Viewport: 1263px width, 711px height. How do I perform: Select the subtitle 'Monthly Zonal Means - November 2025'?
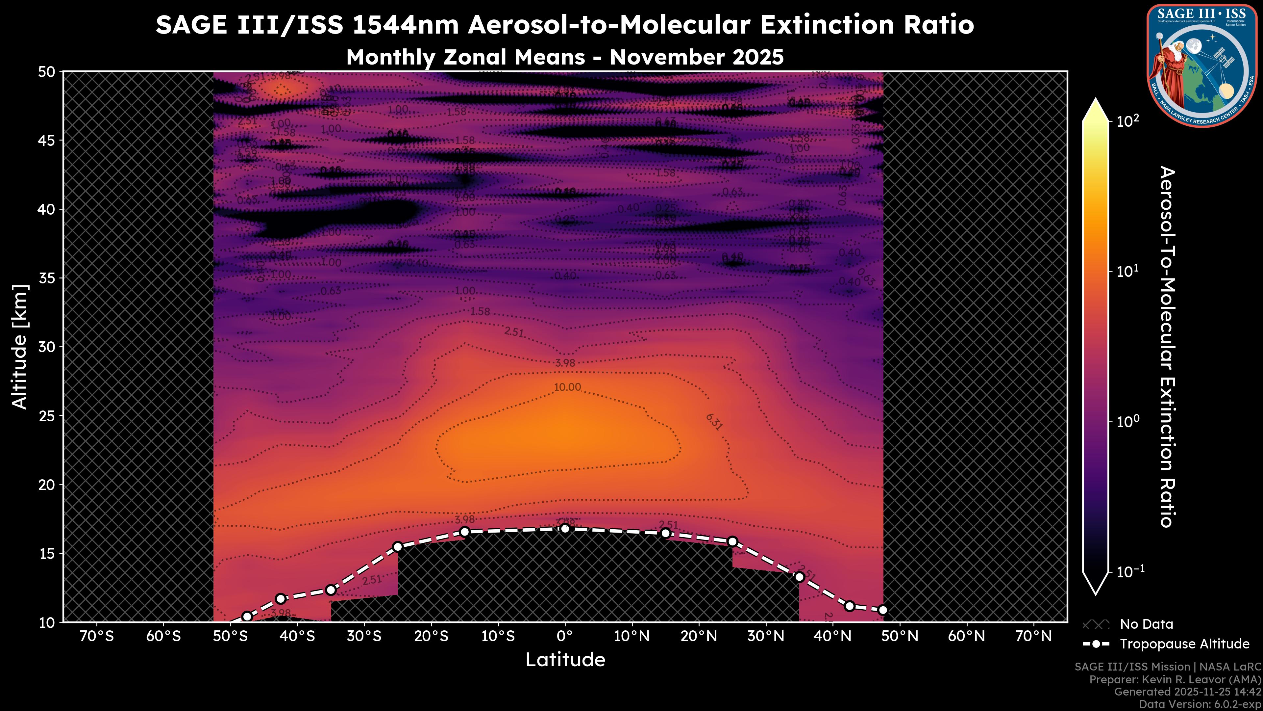[x=565, y=57]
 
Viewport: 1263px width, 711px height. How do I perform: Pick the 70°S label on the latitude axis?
[x=97, y=636]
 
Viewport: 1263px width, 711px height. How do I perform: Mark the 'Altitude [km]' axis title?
[x=20, y=346]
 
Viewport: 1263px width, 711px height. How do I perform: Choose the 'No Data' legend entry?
[x=1146, y=624]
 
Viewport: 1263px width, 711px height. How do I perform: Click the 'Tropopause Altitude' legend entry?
[x=1184, y=644]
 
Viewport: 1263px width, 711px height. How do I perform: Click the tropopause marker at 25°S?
[x=398, y=547]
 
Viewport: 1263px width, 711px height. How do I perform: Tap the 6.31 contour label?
[x=714, y=422]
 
